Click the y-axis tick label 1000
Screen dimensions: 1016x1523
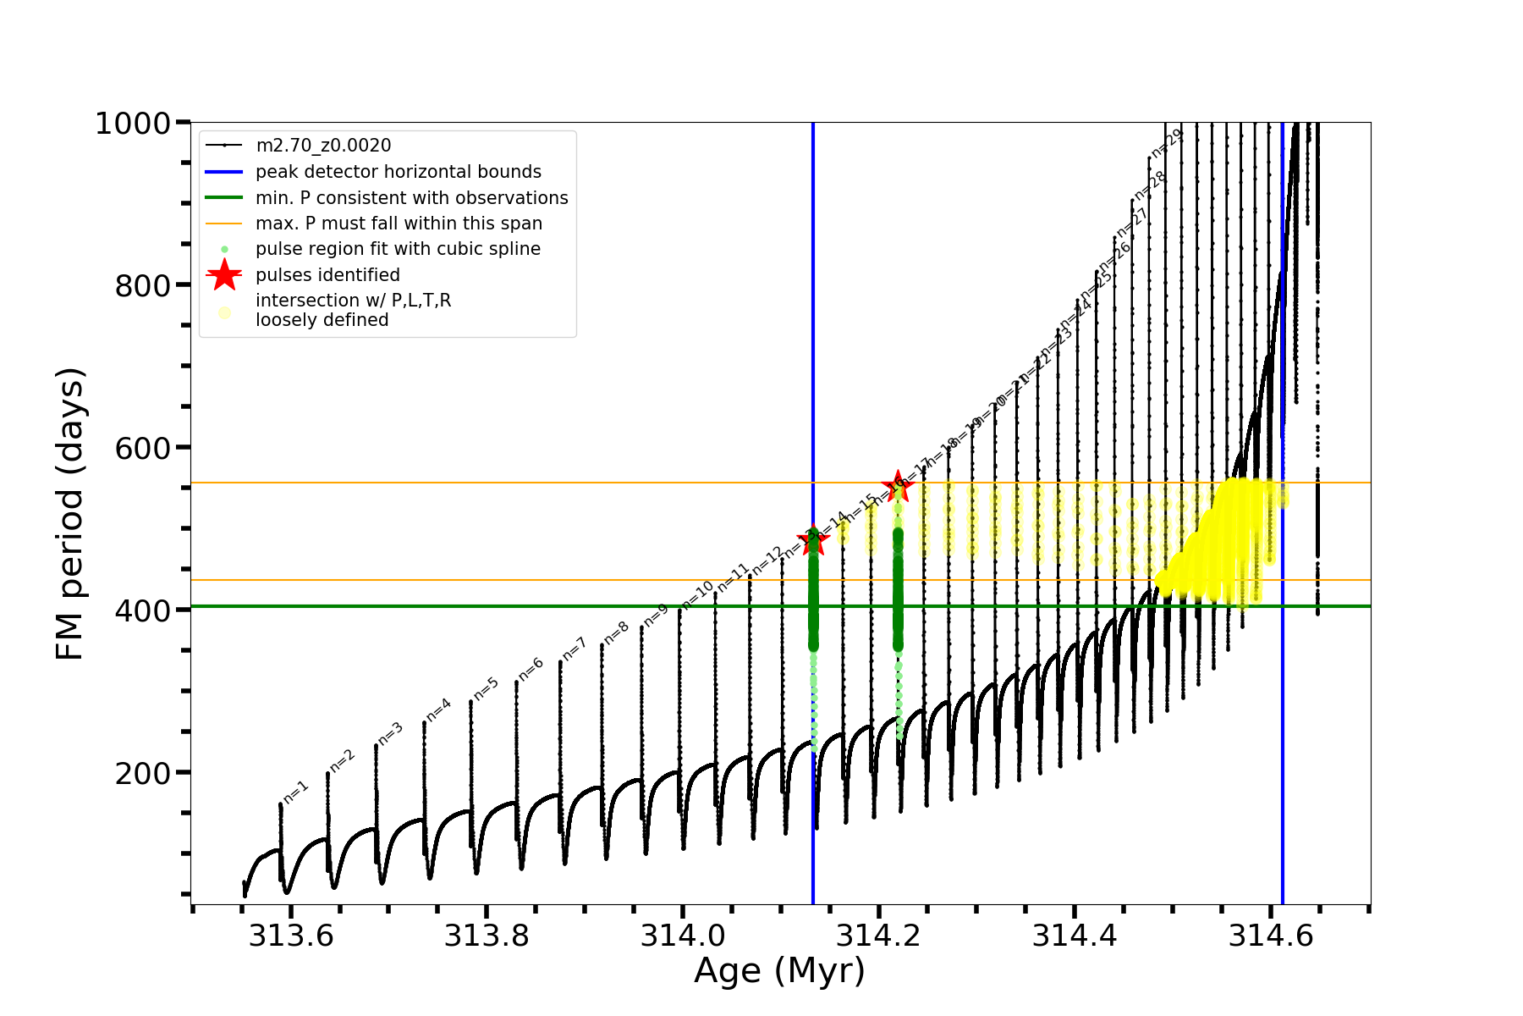pos(133,124)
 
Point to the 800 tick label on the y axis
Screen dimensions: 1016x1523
pos(142,286)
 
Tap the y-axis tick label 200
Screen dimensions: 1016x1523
pos(142,774)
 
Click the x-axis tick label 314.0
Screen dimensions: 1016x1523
pos(683,936)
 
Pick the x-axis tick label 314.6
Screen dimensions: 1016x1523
pos(1270,936)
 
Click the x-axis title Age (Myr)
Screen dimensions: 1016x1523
pos(779,971)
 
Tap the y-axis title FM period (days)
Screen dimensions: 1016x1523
pos(70,514)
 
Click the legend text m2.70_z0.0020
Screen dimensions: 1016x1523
pos(323,146)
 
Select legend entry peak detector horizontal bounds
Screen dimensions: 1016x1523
pos(399,172)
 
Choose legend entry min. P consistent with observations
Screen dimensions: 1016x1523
pos(412,198)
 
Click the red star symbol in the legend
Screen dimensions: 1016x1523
pos(224,274)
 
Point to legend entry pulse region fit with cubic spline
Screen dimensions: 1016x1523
pos(398,249)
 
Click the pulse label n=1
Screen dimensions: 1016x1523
pos(295,792)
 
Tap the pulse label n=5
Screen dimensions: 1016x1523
pos(486,689)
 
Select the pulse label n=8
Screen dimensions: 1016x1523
pos(616,633)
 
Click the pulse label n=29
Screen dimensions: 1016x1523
pos(1166,143)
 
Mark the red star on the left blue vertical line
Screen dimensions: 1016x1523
pos(813,540)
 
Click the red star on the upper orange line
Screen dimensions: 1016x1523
pos(898,485)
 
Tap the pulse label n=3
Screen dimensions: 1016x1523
pos(390,734)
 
